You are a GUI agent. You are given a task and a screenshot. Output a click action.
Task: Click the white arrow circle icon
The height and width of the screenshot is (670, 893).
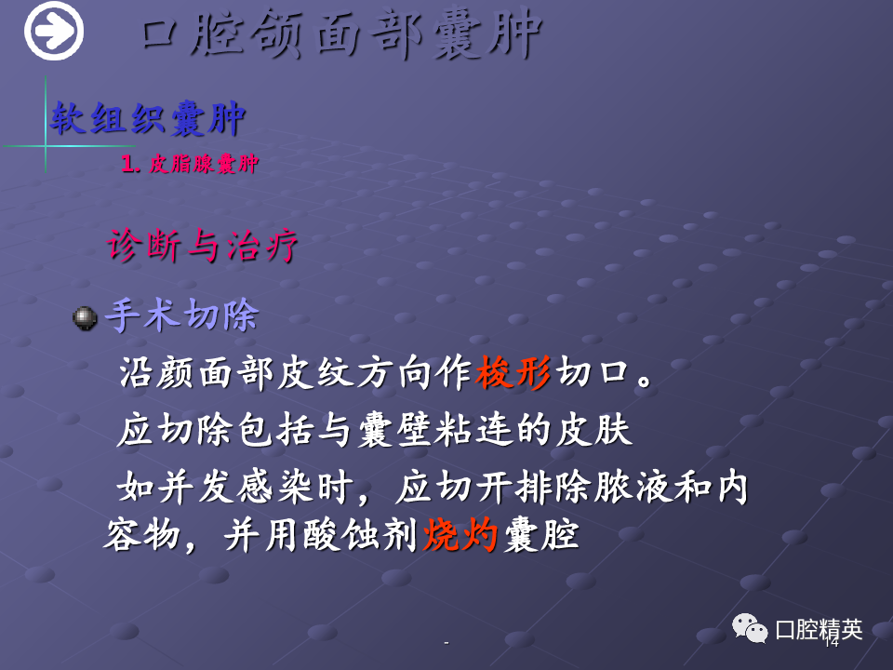pyautogui.click(x=54, y=31)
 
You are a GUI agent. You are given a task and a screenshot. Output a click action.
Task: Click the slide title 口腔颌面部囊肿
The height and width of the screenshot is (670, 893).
pyautogui.click(x=340, y=34)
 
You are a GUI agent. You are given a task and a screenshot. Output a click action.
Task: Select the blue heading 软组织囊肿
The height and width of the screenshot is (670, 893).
pyautogui.click(x=148, y=119)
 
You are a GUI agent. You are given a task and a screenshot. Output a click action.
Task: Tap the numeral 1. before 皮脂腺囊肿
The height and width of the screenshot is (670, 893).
pyautogui.click(x=130, y=164)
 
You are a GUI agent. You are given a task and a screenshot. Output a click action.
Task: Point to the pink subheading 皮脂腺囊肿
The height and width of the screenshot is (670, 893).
pyautogui.click(x=204, y=164)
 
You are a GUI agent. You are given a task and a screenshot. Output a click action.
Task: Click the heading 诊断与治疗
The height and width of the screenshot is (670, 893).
pyautogui.click(x=202, y=246)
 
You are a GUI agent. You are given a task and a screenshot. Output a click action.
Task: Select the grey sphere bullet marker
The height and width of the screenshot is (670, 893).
pyautogui.click(x=85, y=318)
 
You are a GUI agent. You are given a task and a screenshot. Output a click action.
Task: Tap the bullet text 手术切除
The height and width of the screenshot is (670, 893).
pyautogui.click(x=182, y=315)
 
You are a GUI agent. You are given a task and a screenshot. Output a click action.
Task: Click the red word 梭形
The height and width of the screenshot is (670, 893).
pyautogui.click(x=513, y=372)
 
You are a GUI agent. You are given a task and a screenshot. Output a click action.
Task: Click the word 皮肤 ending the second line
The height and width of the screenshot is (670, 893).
pyautogui.click(x=594, y=430)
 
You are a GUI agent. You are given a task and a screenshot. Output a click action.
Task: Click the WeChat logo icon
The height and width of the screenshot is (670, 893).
pyautogui.click(x=750, y=628)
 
